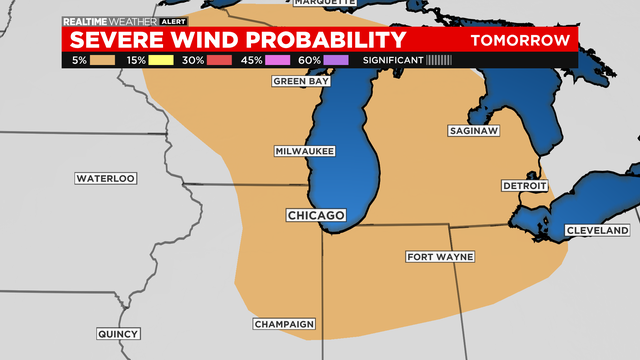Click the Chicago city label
[316, 216]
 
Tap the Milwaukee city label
[304, 151]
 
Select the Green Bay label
[301, 82]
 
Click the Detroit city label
[525, 186]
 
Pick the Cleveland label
[597, 231]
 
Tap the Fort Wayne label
[440, 257]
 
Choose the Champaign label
[284, 324]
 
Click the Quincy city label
[119, 334]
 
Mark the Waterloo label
[105, 178]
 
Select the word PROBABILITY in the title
[331, 40]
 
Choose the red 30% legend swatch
[221, 60]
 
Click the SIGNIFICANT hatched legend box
[439, 60]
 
